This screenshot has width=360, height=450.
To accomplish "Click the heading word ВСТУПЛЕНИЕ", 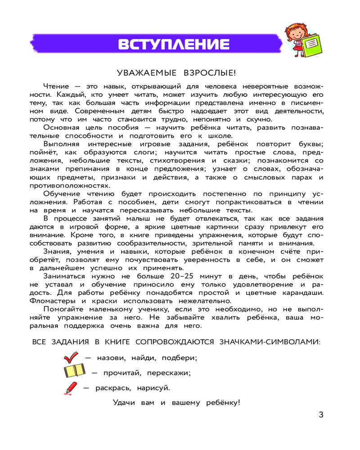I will (x=173, y=45).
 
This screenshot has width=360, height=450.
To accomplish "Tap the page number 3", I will (x=320, y=415).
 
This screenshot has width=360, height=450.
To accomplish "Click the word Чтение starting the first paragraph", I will (x=56, y=86).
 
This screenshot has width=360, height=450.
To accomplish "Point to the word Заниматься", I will (x=66, y=275).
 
